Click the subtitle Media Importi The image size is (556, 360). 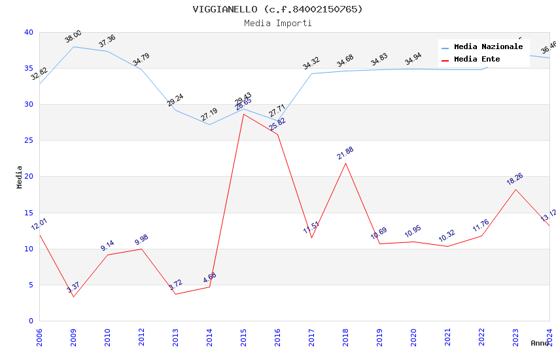[x=277, y=24]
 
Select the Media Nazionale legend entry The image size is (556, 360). [x=488, y=47]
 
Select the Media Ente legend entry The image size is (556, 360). [x=477, y=60]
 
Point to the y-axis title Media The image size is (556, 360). [x=20, y=177]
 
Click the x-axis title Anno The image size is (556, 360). [x=540, y=343]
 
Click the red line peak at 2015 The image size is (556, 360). [x=243, y=114]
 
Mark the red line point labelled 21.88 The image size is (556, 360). [x=345, y=163]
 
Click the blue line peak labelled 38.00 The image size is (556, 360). [x=73, y=46]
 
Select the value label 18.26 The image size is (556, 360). [x=515, y=179]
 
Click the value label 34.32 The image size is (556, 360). [x=311, y=63]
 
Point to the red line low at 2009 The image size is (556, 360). [x=73, y=297]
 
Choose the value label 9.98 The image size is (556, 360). [x=141, y=239]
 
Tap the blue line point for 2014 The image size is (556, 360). [x=209, y=124]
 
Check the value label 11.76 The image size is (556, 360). [x=481, y=226]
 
